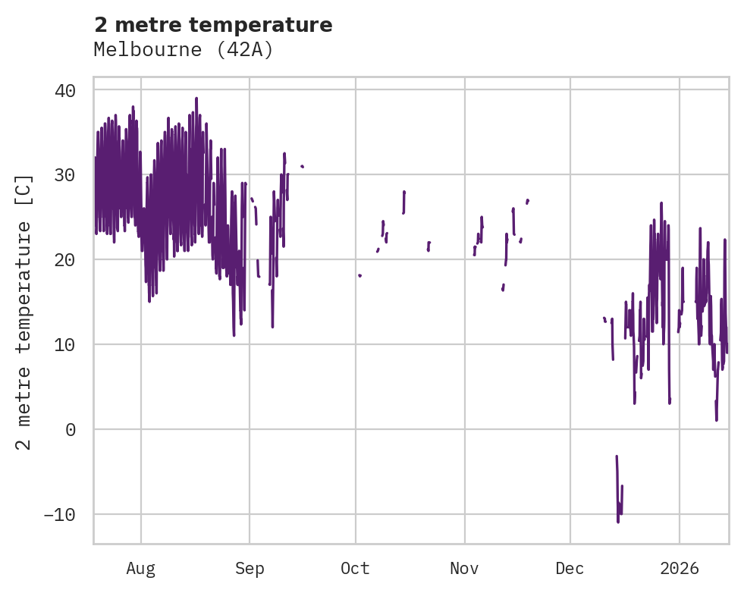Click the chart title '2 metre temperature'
tap(213, 25)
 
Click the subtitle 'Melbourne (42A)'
tap(183, 49)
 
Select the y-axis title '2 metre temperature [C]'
tap(24, 312)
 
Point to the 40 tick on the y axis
tap(64, 90)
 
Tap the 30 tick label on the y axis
tap(64, 175)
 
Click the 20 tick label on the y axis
tap(64, 260)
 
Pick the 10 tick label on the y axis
tap(64, 345)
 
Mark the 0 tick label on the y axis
tap(70, 430)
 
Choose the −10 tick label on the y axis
tap(59, 515)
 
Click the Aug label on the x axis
tap(141, 568)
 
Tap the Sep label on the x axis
tap(250, 568)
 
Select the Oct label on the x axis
tap(355, 568)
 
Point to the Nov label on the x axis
tap(464, 568)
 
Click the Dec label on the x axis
tap(570, 568)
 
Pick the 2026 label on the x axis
tap(680, 568)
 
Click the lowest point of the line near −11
tap(618, 522)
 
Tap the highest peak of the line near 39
tap(196, 98)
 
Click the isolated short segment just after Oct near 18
tap(359, 275)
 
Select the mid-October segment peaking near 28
tap(404, 193)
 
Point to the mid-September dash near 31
tap(302, 166)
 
